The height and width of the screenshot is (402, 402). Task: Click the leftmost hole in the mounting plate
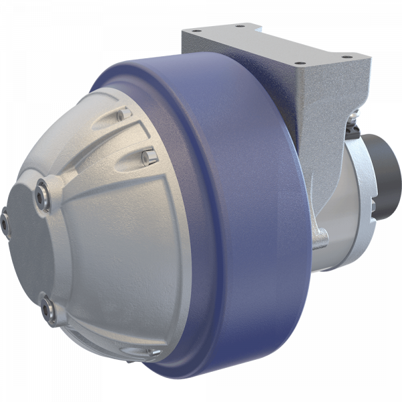[x=194, y=33]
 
